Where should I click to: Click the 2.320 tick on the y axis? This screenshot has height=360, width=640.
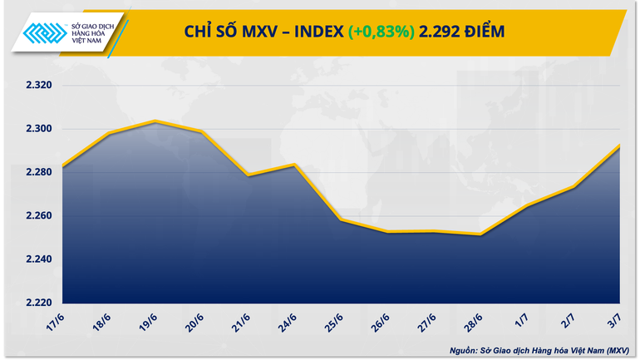coord(37,86)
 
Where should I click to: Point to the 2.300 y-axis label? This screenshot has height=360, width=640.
coord(37,129)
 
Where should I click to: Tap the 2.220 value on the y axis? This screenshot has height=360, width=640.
coord(37,303)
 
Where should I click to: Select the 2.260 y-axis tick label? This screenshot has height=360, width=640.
coord(37,216)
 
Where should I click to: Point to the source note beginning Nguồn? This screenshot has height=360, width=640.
coord(537,349)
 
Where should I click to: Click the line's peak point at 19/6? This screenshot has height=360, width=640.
coord(155,121)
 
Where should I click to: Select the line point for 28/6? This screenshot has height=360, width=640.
coord(480,234)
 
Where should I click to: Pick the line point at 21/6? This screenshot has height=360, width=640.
coord(249,175)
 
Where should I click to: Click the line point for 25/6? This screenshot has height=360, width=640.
coord(342,219)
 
